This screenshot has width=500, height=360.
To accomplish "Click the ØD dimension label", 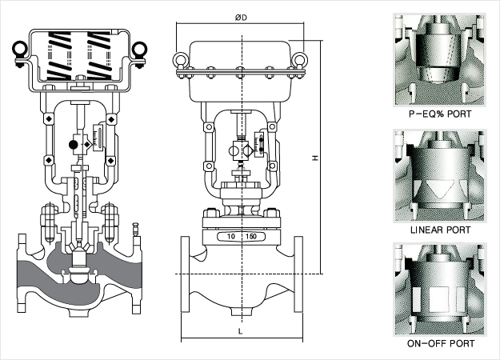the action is [241, 18].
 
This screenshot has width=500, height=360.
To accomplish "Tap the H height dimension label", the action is [315, 158].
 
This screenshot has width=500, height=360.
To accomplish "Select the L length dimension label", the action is [241, 331].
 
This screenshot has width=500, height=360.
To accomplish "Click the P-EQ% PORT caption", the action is [440, 114].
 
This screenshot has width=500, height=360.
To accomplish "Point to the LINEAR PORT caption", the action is [440, 230].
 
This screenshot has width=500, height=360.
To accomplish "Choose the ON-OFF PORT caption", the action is [441, 343].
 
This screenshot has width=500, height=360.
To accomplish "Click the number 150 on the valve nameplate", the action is [251, 237].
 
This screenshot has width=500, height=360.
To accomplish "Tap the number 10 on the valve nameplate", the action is [231, 237].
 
